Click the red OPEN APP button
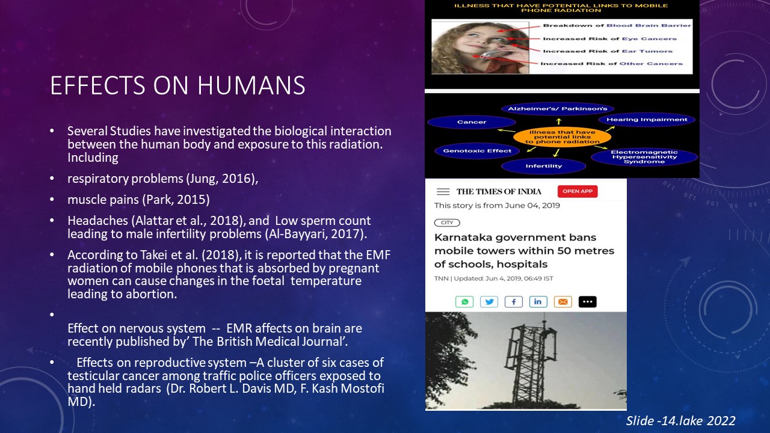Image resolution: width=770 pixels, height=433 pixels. tap(577, 191)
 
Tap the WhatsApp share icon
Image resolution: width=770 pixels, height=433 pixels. tap(464, 302)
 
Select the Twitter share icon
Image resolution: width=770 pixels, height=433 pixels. tap(489, 302)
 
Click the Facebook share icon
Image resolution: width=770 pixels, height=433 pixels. tap(514, 302)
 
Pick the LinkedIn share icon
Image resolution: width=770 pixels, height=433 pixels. tap(538, 302)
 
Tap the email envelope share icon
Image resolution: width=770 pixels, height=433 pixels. tap(563, 302)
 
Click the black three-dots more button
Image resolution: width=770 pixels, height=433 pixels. tap(588, 302)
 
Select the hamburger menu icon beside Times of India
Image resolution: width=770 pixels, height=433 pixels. tap(443, 192)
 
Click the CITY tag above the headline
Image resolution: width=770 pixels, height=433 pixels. tap(447, 223)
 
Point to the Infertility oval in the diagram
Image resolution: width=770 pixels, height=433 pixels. tap(543, 167)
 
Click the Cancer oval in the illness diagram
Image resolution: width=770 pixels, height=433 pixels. tap(472, 122)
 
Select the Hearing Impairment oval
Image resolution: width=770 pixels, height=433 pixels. tap(647, 120)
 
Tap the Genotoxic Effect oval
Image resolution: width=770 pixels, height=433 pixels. tap(477, 151)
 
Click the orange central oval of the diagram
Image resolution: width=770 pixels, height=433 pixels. tap(562, 137)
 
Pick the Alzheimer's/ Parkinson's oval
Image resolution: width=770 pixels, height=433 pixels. tap(558, 109)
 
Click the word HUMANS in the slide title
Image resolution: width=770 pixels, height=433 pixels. tap(251, 85)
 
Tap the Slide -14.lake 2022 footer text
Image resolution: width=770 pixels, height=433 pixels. tap(680, 420)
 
